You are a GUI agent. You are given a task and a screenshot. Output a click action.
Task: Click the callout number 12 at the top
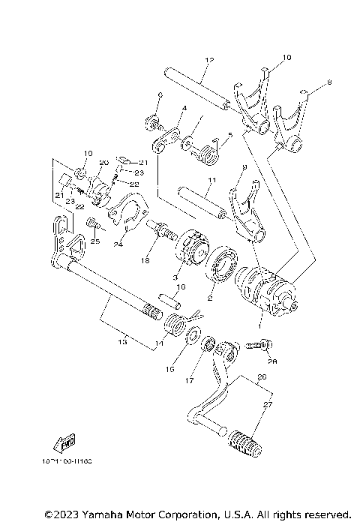(208, 59)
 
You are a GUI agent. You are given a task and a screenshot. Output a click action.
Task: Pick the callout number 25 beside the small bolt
(94, 241)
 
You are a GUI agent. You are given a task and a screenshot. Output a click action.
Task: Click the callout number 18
(145, 261)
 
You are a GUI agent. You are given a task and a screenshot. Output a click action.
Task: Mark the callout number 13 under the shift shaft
(122, 341)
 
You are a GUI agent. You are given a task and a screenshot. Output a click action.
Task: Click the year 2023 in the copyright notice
(58, 514)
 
